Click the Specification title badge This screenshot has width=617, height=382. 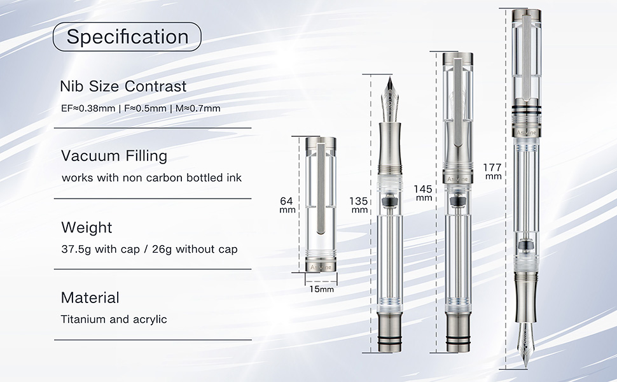127,37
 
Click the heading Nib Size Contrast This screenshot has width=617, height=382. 123,86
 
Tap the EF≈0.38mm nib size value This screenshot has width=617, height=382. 88,108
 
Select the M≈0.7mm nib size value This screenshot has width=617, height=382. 198,108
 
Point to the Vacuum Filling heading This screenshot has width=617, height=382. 114,156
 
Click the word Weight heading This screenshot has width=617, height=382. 87,228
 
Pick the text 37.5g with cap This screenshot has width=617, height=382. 101,250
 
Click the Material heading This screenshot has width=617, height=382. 90,298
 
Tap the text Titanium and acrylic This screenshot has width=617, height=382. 114,319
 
